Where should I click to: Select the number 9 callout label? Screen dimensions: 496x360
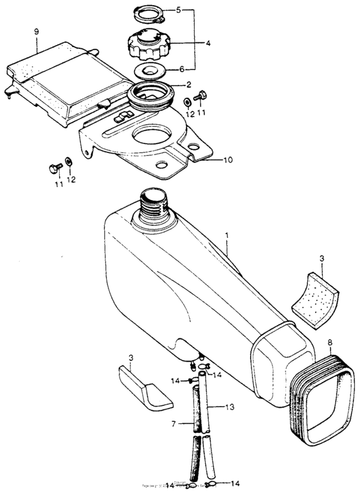[x=37, y=31]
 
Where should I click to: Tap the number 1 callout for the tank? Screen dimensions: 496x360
[x=226, y=237]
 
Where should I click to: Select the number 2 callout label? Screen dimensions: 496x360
[x=188, y=84]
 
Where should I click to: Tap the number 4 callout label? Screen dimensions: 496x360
[x=208, y=44]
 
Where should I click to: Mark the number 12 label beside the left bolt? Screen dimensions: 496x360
[x=71, y=179]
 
